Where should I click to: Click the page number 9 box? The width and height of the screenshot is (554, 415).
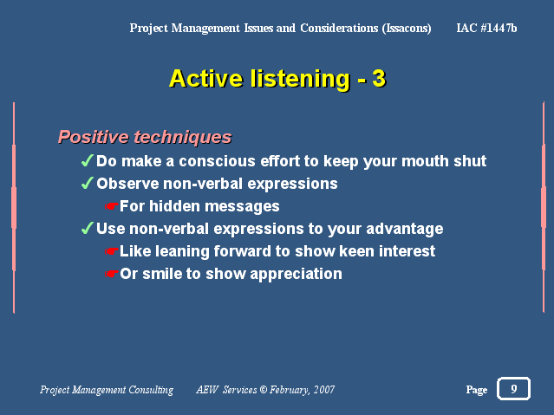coord(513,388)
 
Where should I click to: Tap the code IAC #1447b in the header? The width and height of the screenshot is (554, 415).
coord(486,28)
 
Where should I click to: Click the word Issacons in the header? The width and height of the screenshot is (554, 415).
coord(407,29)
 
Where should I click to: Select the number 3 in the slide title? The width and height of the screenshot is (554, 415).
coord(379,78)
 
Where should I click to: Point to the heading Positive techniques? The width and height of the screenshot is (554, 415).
coord(145,137)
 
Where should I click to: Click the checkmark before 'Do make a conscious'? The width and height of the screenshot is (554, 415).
coord(88,160)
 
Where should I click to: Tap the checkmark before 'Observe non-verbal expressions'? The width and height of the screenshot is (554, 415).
coord(88,183)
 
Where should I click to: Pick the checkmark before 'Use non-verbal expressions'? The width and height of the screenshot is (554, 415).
coord(88,228)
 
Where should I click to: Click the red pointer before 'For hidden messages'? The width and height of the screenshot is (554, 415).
coord(111,206)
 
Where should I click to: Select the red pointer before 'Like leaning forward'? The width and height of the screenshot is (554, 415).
coord(111,251)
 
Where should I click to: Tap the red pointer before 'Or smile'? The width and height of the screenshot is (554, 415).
coord(111,274)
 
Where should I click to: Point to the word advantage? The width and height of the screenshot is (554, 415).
coord(405,230)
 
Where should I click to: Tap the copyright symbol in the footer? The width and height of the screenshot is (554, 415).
coord(264,389)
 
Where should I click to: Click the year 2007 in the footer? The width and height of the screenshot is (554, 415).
coord(324,389)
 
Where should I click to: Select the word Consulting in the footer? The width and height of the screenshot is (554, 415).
coord(151,390)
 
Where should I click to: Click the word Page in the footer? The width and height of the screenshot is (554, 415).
coord(477,390)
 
